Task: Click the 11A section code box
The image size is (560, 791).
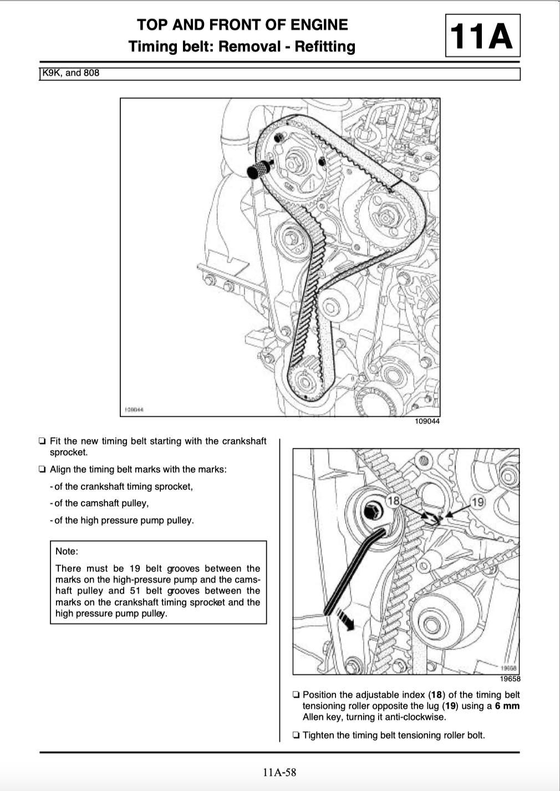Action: tap(482, 35)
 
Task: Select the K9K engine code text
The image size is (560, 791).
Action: tap(52, 73)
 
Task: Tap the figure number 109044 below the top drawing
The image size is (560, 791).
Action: tap(427, 422)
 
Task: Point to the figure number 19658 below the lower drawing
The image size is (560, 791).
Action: tap(510, 679)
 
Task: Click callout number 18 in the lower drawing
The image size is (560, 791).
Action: tap(393, 501)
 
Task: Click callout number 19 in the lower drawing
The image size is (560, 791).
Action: tap(477, 502)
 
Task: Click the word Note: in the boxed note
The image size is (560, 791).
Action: tap(67, 551)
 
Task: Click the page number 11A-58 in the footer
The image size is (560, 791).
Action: tap(280, 772)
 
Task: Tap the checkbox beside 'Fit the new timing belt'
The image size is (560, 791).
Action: tap(42, 441)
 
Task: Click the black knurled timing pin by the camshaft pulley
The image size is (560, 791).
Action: tap(256, 169)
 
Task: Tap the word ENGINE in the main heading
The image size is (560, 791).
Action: tap(318, 24)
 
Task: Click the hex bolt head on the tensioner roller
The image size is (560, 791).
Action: tap(370, 511)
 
